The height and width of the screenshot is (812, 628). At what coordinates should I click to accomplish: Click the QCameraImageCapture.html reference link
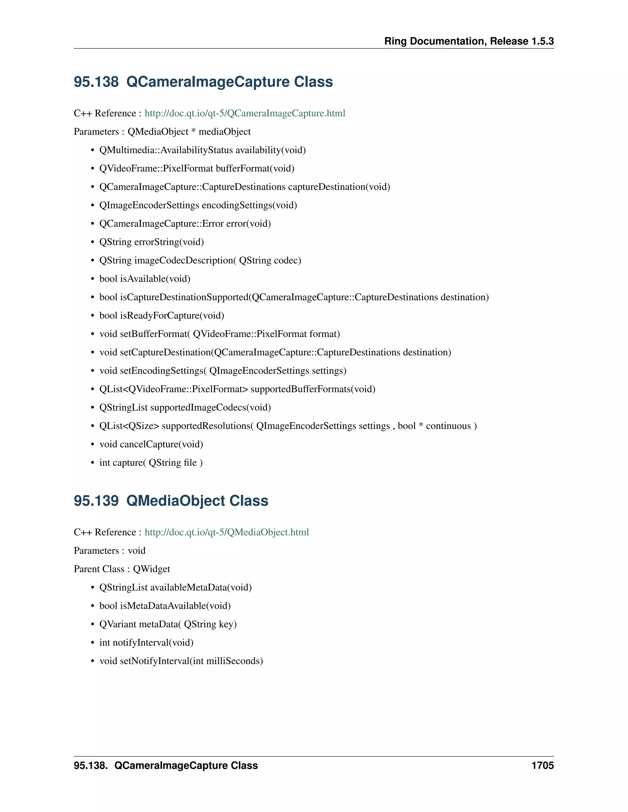pyautogui.click(x=245, y=113)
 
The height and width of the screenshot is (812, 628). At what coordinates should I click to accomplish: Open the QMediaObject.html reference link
pyautogui.click(x=227, y=533)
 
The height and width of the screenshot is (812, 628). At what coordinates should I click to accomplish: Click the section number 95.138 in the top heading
pyautogui.click(x=96, y=82)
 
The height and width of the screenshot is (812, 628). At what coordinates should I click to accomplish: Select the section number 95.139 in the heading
pyautogui.click(x=96, y=501)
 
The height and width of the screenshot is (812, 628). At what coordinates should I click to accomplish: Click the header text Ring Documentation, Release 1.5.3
pyautogui.click(x=469, y=41)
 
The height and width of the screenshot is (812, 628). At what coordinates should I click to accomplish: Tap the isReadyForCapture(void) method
pyautogui.click(x=172, y=316)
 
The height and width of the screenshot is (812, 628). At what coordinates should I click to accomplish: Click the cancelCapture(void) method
pyautogui.click(x=162, y=444)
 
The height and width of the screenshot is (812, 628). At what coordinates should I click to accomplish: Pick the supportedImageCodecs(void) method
pyautogui.click(x=210, y=408)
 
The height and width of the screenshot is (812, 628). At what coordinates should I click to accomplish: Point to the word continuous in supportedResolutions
pyautogui.click(x=448, y=426)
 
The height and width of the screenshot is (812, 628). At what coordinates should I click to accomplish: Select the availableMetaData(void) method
pyautogui.click(x=201, y=587)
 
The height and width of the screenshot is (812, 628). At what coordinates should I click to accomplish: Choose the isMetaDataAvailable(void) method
pyautogui.click(x=175, y=606)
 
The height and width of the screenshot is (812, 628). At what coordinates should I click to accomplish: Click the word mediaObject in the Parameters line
pyautogui.click(x=225, y=132)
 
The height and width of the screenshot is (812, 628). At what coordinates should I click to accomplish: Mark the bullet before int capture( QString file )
pyautogui.click(x=93, y=463)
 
